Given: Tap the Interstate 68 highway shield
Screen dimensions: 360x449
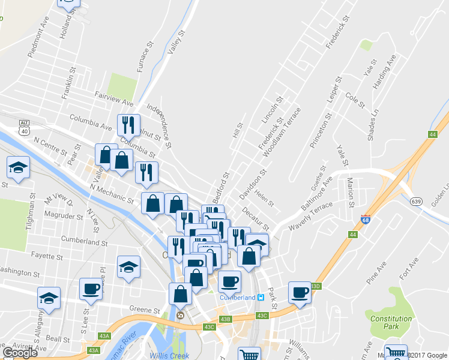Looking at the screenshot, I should [x=365, y=220].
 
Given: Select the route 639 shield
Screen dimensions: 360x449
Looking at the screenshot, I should [x=416, y=202].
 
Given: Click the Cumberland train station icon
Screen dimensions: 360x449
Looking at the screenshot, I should [x=261, y=298].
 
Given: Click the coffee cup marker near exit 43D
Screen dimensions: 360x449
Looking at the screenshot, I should [x=300, y=293].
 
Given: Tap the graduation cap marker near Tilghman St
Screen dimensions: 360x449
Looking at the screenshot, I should [x=19, y=167].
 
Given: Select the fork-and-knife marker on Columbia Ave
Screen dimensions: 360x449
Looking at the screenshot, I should [x=128, y=125].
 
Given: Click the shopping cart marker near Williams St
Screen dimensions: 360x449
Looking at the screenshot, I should [x=249, y=355].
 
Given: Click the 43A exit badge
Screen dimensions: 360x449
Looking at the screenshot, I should [x=93, y=350].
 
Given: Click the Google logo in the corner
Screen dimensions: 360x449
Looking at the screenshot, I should [x=20, y=353].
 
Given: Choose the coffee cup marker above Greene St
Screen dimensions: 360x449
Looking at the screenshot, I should [x=91, y=290].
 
